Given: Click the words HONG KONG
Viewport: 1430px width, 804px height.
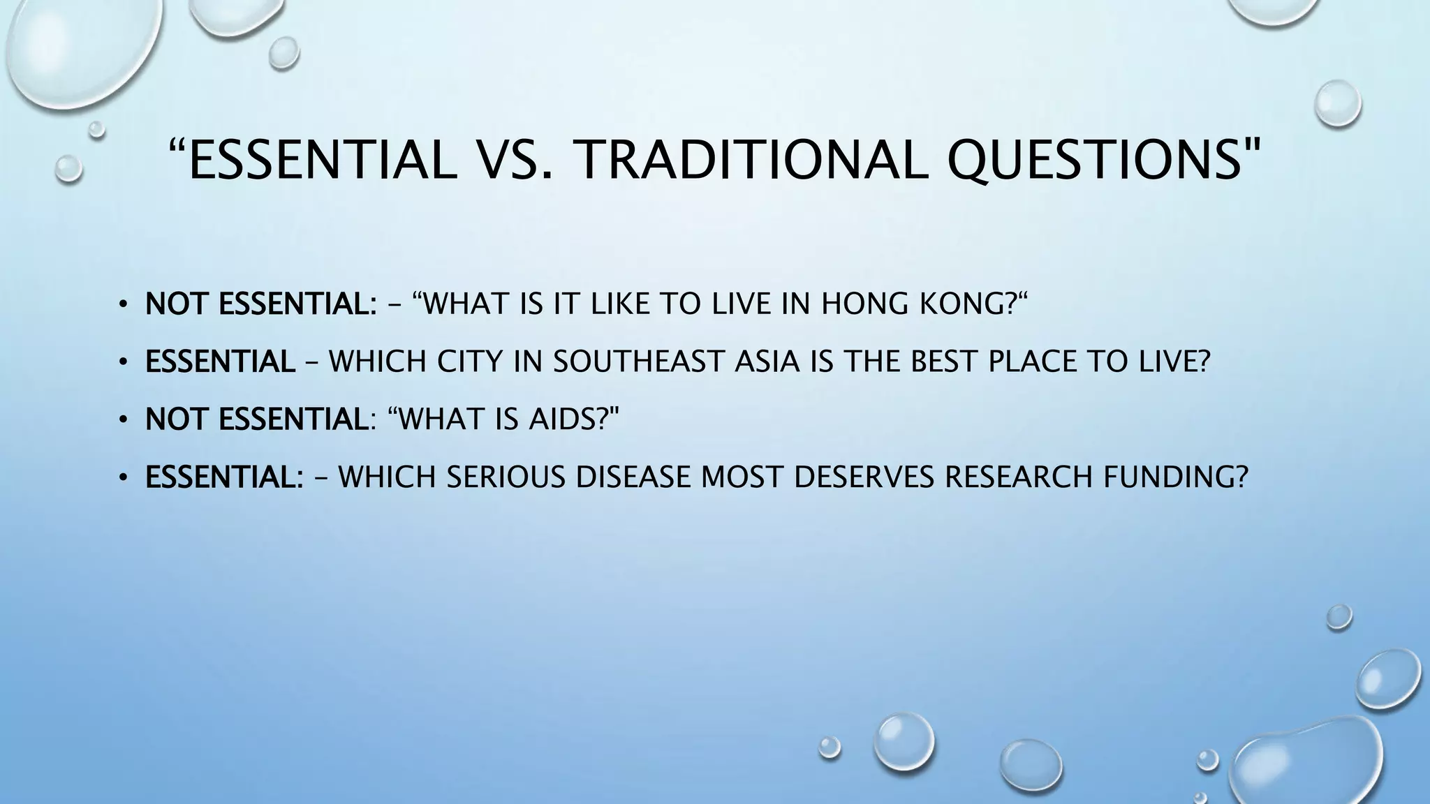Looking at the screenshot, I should tap(915, 304).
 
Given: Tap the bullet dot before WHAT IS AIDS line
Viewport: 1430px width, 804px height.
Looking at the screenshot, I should tap(124, 420).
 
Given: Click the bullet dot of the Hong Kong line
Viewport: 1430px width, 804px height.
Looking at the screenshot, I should tap(124, 305).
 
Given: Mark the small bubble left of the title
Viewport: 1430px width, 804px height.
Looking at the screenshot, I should tap(68, 168).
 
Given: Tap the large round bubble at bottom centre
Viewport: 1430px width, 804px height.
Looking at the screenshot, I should tap(904, 741).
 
